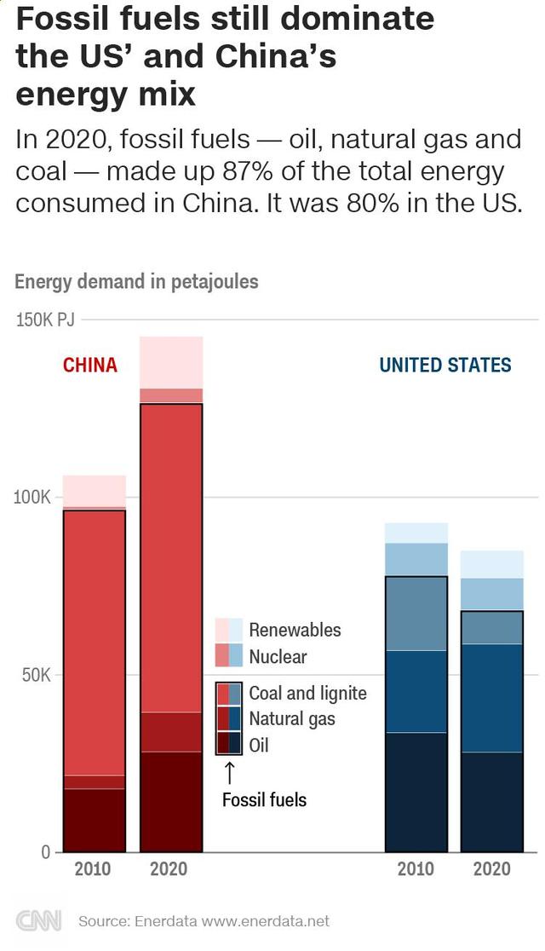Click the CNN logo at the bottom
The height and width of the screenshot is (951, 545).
tap(38, 921)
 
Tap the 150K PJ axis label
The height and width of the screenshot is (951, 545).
tap(45, 320)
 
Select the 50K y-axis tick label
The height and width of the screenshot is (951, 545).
tap(37, 675)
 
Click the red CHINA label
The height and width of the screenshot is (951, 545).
tap(90, 366)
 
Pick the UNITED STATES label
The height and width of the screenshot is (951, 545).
tap(445, 366)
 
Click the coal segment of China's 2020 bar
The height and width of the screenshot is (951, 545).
tap(171, 558)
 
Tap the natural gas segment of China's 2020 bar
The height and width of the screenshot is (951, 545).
tap(171, 732)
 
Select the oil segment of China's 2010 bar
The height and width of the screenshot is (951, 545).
tap(95, 820)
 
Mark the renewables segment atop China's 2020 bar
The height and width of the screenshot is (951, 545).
tap(171, 362)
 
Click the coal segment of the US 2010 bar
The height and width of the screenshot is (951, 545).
tap(416, 614)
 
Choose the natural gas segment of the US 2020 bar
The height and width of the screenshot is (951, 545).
tap(492, 698)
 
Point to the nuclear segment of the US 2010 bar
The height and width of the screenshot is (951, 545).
tap(416, 559)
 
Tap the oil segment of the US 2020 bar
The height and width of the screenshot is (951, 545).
tap(492, 801)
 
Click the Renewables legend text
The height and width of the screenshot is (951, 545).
tap(295, 631)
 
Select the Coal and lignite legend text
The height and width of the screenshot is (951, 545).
tap(307, 693)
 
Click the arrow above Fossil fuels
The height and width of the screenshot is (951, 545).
tap(229, 772)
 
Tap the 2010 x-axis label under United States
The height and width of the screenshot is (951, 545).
tap(416, 869)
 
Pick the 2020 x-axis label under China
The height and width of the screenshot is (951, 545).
tap(169, 869)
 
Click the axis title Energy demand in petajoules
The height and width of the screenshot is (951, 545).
tap(136, 281)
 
